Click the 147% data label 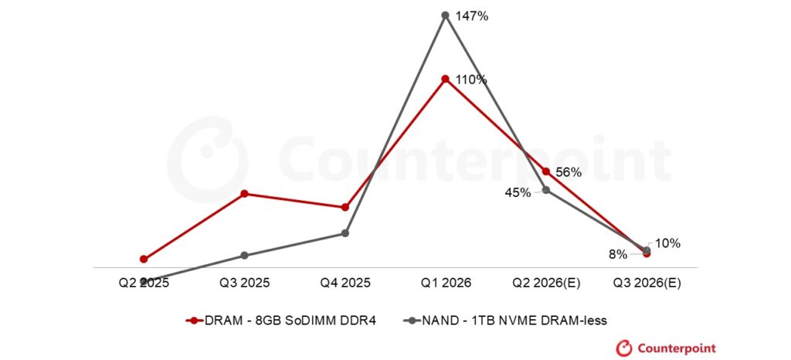pyautogui.click(x=471, y=15)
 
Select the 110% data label pyautogui.click(x=470, y=80)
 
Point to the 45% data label pyautogui.click(x=518, y=192)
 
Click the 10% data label pyautogui.click(x=667, y=243)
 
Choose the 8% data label pyautogui.click(x=618, y=254)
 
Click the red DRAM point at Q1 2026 pyautogui.click(x=445, y=79)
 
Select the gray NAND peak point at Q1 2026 pyautogui.click(x=445, y=15)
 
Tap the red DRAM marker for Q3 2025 pyautogui.click(x=244, y=193)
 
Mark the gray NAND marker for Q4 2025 pyautogui.click(x=345, y=233)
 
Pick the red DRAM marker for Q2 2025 pyautogui.click(x=144, y=259)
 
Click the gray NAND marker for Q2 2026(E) pyautogui.click(x=546, y=190)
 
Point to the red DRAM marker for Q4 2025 pyautogui.click(x=345, y=207)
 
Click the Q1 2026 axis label pyautogui.click(x=445, y=283)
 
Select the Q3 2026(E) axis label pyautogui.click(x=647, y=283)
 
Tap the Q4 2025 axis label pyautogui.click(x=345, y=283)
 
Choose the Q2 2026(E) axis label pyautogui.click(x=546, y=283)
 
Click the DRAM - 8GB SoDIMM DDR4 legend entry pyautogui.click(x=281, y=320)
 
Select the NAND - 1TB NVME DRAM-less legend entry pyautogui.click(x=512, y=320)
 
